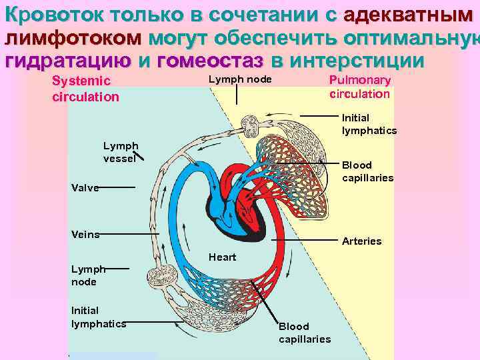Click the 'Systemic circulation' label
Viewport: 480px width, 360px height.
pyautogui.click(x=85, y=89)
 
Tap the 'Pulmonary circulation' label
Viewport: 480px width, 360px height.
pyautogui.click(x=360, y=87)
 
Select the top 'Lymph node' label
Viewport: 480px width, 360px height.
pyautogui.click(x=240, y=79)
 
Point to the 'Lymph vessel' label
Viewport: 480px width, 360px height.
pyautogui.click(x=121, y=152)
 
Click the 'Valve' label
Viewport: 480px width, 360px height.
pyautogui.click(x=85, y=188)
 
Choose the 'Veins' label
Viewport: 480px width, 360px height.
pyautogui.click(x=85, y=234)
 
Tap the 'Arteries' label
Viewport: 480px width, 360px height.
pyautogui.click(x=361, y=241)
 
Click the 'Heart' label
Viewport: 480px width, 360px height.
pyautogui.click(x=222, y=257)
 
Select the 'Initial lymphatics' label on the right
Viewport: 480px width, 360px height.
pyautogui.click(x=369, y=124)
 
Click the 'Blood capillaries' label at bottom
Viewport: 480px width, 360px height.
pyautogui.click(x=304, y=333)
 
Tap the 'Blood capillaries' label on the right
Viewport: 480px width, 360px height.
pyautogui.click(x=367, y=171)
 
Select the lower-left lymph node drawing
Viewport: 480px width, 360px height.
pyautogui.click(x=163, y=275)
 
